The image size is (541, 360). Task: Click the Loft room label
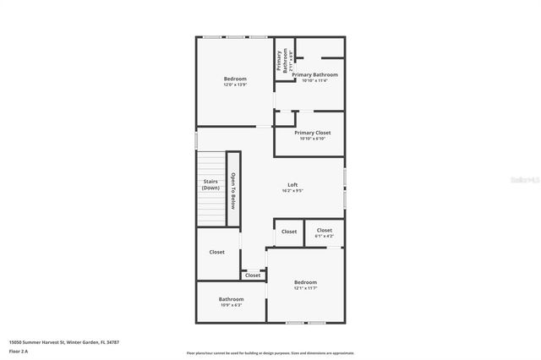coord(292,184)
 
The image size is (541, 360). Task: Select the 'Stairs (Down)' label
coord(210,184)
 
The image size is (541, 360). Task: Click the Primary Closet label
coord(312,133)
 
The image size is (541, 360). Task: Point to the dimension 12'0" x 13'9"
coord(235,85)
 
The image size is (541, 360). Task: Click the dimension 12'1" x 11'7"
coord(305,288)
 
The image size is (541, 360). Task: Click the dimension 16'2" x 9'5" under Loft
coord(292,191)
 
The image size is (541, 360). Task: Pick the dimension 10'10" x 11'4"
coord(309,81)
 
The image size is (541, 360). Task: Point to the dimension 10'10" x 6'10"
coord(312,139)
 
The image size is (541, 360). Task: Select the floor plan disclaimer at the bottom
coord(270,353)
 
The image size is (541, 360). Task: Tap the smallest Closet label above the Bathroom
coord(253,275)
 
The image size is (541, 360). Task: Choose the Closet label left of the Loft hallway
coord(217,252)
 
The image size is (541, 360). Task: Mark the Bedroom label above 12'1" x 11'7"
coord(305,281)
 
